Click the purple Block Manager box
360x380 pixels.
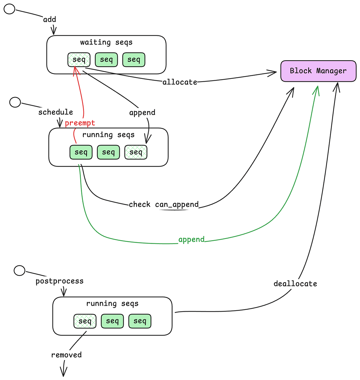318,71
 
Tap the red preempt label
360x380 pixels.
80,123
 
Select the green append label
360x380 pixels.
191,240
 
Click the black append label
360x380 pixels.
142,113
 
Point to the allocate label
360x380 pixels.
180,82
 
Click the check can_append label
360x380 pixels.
164,204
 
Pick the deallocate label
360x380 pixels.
295,284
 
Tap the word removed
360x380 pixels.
66,355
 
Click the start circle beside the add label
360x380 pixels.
9,9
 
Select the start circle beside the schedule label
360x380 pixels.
15,102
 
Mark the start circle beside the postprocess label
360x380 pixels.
19,270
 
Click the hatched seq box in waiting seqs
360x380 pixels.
79,60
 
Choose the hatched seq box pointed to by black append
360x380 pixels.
136,152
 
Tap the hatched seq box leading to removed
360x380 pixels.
85,321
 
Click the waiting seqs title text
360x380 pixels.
106,42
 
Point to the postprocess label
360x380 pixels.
60,281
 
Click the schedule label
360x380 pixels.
55,112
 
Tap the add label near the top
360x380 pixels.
49,19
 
